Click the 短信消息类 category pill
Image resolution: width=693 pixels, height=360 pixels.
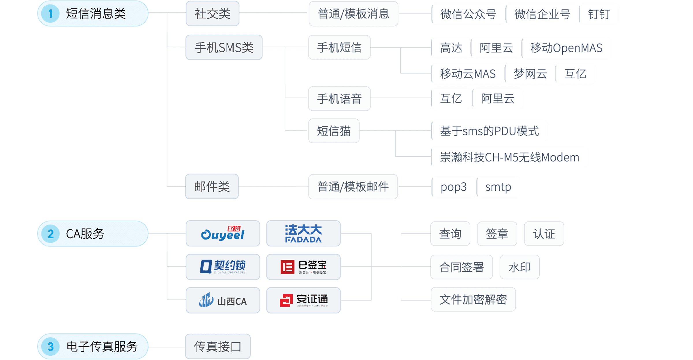tap(93, 14)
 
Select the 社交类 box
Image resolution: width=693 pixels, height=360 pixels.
tap(213, 14)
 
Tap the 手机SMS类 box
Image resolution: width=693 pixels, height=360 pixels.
tap(224, 47)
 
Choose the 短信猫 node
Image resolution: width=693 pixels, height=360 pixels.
tap(334, 131)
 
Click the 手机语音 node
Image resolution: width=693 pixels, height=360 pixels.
tap(339, 99)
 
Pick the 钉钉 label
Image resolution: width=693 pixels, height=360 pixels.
tap(599, 14)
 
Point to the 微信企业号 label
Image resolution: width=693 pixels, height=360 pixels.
tap(542, 14)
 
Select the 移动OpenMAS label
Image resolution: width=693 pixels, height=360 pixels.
tap(567, 48)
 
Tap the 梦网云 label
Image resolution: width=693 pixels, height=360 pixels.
tap(530, 74)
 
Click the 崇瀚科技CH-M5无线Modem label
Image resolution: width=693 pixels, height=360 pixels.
tap(510, 157)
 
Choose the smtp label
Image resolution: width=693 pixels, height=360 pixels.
tap(498, 187)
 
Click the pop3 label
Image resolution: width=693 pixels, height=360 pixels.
tap(453, 187)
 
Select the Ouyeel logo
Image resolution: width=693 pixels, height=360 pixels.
tap(223, 233)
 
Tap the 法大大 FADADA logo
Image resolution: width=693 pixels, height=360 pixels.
tap(303, 233)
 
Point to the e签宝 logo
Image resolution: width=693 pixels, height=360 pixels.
tap(303, 267)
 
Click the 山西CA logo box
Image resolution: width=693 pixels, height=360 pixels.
tap(223, 300)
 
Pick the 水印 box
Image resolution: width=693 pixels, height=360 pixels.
tap(519, 267)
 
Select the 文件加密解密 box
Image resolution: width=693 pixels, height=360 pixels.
tap(473, 299)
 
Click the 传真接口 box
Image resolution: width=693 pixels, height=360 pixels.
tap(218, 346)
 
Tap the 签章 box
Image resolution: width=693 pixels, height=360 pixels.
tap(497, 234)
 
